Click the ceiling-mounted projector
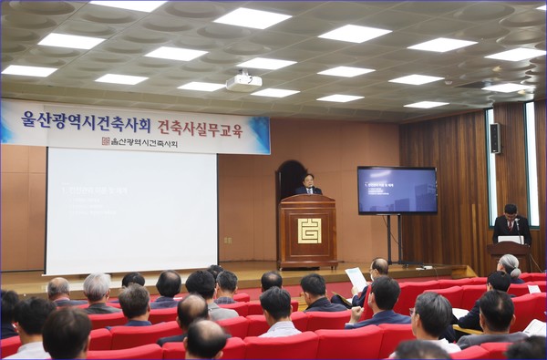point(243,82)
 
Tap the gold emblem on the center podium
point(309,231)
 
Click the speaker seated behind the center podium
point(309,184)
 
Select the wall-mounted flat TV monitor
point(397,190)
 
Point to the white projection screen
point(130,211)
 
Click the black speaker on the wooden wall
point(495,138)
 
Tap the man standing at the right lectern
point(511,223)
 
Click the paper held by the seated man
point(356,278)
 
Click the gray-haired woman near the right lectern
point(508,265)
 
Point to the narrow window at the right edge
point(531,164)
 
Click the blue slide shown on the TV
point(397,190)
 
